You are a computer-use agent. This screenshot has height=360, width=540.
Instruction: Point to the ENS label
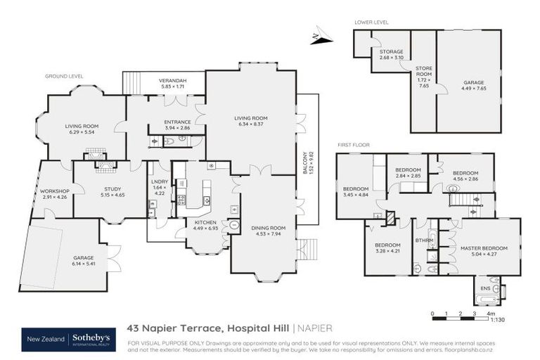pos(485,288)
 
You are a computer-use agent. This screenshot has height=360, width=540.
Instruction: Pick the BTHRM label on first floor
pos(422,240)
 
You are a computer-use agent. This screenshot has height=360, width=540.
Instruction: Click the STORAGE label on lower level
pos(391,51)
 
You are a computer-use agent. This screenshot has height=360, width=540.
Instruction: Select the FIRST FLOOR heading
pos(353,144)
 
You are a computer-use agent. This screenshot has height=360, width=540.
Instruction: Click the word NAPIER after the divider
pos(315,328)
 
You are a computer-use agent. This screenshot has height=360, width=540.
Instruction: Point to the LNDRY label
pos(159,182)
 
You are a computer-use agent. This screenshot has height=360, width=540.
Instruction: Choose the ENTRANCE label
pos(178,122)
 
